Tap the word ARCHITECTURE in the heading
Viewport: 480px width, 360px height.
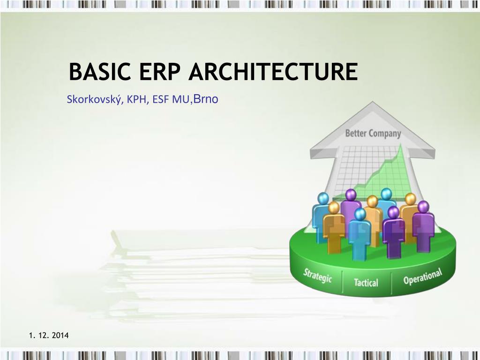[274, 73]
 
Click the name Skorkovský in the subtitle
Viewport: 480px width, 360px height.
[92, 99]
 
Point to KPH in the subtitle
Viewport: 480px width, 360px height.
[135, 99]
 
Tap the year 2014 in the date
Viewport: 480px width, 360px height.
[60, 335]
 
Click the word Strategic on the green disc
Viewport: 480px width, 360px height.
[317, 275]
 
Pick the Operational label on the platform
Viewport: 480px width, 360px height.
[422, 277]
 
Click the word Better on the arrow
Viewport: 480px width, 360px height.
[356, 133]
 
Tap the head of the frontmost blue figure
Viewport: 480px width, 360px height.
[360, 214]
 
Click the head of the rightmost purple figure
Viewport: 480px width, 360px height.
[423, 206]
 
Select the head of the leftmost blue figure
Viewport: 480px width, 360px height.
[323, 198]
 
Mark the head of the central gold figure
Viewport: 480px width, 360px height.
[372, 202]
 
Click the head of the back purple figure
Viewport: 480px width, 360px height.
[350, 194]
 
